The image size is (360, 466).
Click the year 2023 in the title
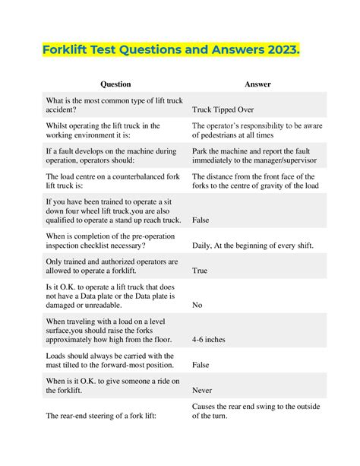[x=279, y=51]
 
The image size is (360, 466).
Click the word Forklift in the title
[x=71, y=51]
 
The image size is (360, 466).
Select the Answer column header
[x=258, y=84]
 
